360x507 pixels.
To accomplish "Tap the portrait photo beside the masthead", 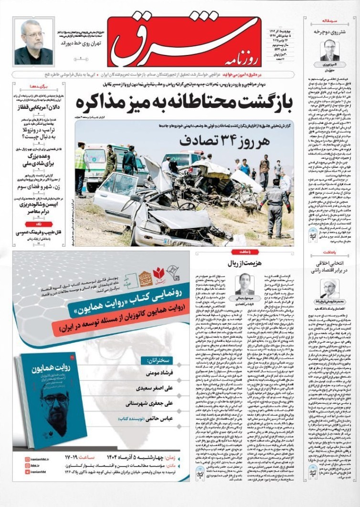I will (34, 42).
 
